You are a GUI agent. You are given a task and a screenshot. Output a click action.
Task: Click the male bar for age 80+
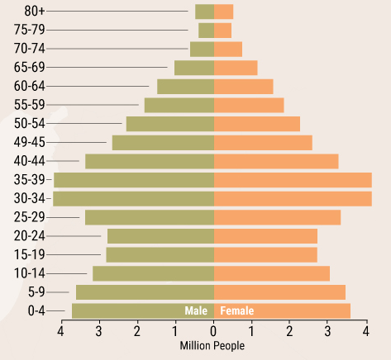coord(204,12)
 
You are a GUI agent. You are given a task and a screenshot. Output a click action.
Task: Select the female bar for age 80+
coord(224,12)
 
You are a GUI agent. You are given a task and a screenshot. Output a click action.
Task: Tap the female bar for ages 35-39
coord(293,180)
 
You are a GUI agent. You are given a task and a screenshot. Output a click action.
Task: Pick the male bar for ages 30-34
coord(133,198)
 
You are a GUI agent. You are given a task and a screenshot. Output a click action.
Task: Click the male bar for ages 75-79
coord(206,31)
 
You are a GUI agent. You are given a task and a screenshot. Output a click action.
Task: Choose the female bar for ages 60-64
coord(244,87)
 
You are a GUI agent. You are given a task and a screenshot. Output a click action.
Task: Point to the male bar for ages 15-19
coord(160,254)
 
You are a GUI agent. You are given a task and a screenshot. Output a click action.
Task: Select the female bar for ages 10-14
coord(272,273)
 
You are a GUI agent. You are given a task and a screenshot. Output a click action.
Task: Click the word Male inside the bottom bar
coord(196,311)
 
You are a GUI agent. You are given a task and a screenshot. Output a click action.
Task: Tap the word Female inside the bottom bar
coord(237,311)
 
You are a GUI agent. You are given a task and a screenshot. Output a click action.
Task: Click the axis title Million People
coord(212,346)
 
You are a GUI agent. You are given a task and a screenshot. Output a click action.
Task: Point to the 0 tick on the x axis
coord(214,331)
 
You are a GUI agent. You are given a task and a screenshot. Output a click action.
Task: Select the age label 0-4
coord(36,310)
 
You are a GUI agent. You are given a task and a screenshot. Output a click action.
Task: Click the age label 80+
coord(35,11)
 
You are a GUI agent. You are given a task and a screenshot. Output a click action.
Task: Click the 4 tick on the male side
coord(60,331)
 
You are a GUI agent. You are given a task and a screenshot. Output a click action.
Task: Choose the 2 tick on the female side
coord(290,331)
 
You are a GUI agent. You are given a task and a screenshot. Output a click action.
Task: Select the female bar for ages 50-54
coord(257,124)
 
